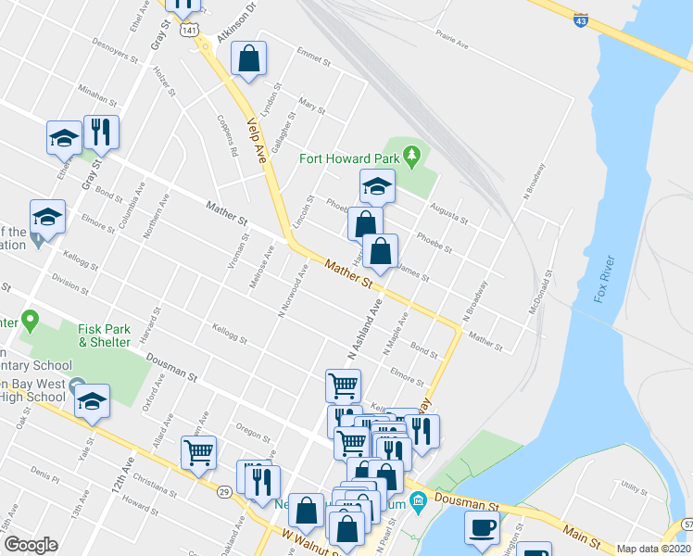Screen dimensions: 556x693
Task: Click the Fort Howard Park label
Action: click(348, 158)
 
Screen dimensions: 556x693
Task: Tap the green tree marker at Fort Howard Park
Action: click(411, 154)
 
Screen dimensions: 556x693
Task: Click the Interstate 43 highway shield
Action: click(581, 19)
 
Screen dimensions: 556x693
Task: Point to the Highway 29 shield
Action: click(225, 492)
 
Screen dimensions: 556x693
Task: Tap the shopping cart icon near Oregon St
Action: click(198, 452)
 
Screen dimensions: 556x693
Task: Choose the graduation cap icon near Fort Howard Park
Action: click(377, 186)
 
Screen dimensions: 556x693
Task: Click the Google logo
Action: click(31, 545)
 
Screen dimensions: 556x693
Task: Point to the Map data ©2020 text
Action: click(653, 549)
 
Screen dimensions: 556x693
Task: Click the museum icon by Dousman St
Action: click(418, 501)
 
